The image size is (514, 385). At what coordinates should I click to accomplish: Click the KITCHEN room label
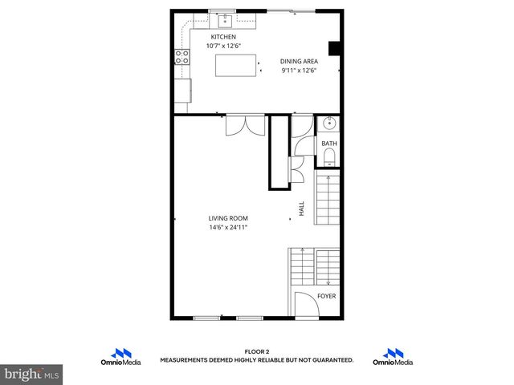223,37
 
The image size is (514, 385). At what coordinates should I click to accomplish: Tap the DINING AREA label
300,62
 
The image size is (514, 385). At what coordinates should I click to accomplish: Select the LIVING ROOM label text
228,218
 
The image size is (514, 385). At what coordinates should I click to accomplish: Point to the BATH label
329,144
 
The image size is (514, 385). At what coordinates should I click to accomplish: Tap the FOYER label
327,296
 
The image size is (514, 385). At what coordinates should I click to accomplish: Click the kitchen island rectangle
235,65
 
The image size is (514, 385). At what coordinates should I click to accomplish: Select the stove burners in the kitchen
182,57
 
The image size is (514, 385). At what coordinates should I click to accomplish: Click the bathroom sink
328,125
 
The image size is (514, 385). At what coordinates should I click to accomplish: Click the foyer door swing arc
303,305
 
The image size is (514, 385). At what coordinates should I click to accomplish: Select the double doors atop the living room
245,126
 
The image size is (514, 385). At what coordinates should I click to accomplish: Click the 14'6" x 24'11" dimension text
228,227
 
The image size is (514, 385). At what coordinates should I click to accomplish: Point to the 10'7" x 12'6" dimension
223,46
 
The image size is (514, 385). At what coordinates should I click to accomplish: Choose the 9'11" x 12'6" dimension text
300,71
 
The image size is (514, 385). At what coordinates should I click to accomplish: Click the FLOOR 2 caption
257,352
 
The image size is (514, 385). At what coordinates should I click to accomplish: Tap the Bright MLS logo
31,374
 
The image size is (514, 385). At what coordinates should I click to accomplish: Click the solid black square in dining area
337,47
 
